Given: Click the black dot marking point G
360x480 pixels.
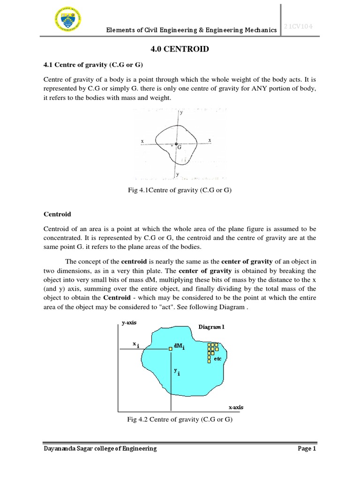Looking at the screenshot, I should (176, 144).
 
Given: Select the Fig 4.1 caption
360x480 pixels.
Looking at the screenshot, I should (180, 190).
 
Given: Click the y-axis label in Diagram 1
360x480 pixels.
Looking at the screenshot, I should (129, 323).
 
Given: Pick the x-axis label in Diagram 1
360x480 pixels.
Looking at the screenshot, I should (236, 407).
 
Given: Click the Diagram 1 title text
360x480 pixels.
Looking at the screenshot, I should (210, 327).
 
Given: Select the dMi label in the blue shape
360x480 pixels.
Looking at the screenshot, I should (180, 346).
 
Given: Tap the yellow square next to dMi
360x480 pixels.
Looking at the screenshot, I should (170, 348).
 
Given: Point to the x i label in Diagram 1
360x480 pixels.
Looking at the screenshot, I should (135, 345).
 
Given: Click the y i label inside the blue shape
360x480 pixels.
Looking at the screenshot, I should (177, 371).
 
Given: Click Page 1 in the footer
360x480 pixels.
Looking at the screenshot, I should (307, 449).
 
